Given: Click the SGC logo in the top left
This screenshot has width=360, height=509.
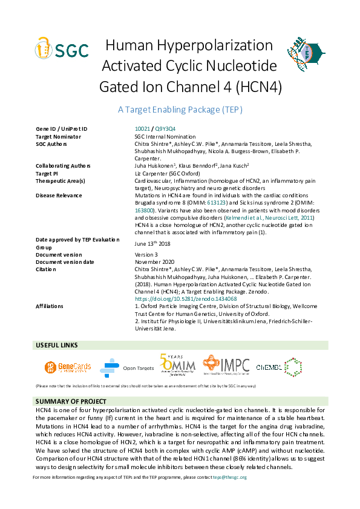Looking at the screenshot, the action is tap(62, 48).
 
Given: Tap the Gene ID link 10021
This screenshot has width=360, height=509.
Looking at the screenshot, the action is tap(142, 129).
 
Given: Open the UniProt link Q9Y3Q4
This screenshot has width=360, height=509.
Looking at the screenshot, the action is tap(165, 129).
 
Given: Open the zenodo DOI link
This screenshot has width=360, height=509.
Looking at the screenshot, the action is tap(185, 299).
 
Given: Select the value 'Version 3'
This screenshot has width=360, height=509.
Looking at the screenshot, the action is tap(146, 254).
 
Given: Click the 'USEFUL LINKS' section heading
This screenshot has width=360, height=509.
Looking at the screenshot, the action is tap(57, 345).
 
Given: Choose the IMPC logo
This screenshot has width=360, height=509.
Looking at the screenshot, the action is tap(226, 366).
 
